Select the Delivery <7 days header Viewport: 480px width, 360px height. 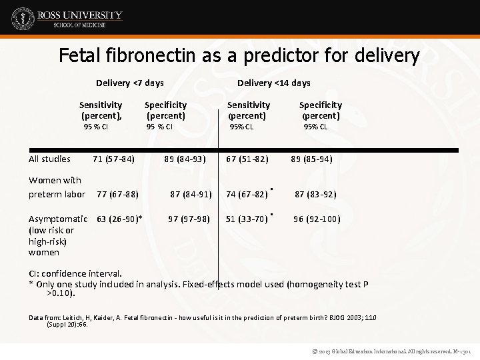click(129, 83)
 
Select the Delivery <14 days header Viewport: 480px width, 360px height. click(273, 83)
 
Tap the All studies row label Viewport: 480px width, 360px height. click(49, 159)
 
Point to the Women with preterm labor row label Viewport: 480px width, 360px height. click(57, 187)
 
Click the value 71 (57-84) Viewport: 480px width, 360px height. click(114, 159)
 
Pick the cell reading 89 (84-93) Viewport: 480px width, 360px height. click(185, 159)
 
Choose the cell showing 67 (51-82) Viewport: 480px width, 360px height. click(247, 159)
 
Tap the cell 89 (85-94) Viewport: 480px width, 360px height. click(311, 159)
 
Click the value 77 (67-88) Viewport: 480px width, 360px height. click(117, 195)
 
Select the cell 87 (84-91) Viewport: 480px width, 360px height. click(191, 195)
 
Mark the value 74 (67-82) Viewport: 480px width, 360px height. click(247, 195)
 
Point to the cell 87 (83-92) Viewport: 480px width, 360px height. click(315, 195)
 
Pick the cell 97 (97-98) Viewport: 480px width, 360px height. click(189, 219)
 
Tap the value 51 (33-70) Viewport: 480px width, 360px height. click(247, 219)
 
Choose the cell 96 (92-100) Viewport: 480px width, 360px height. click(317, 219)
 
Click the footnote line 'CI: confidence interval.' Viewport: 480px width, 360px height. click(75, 273)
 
